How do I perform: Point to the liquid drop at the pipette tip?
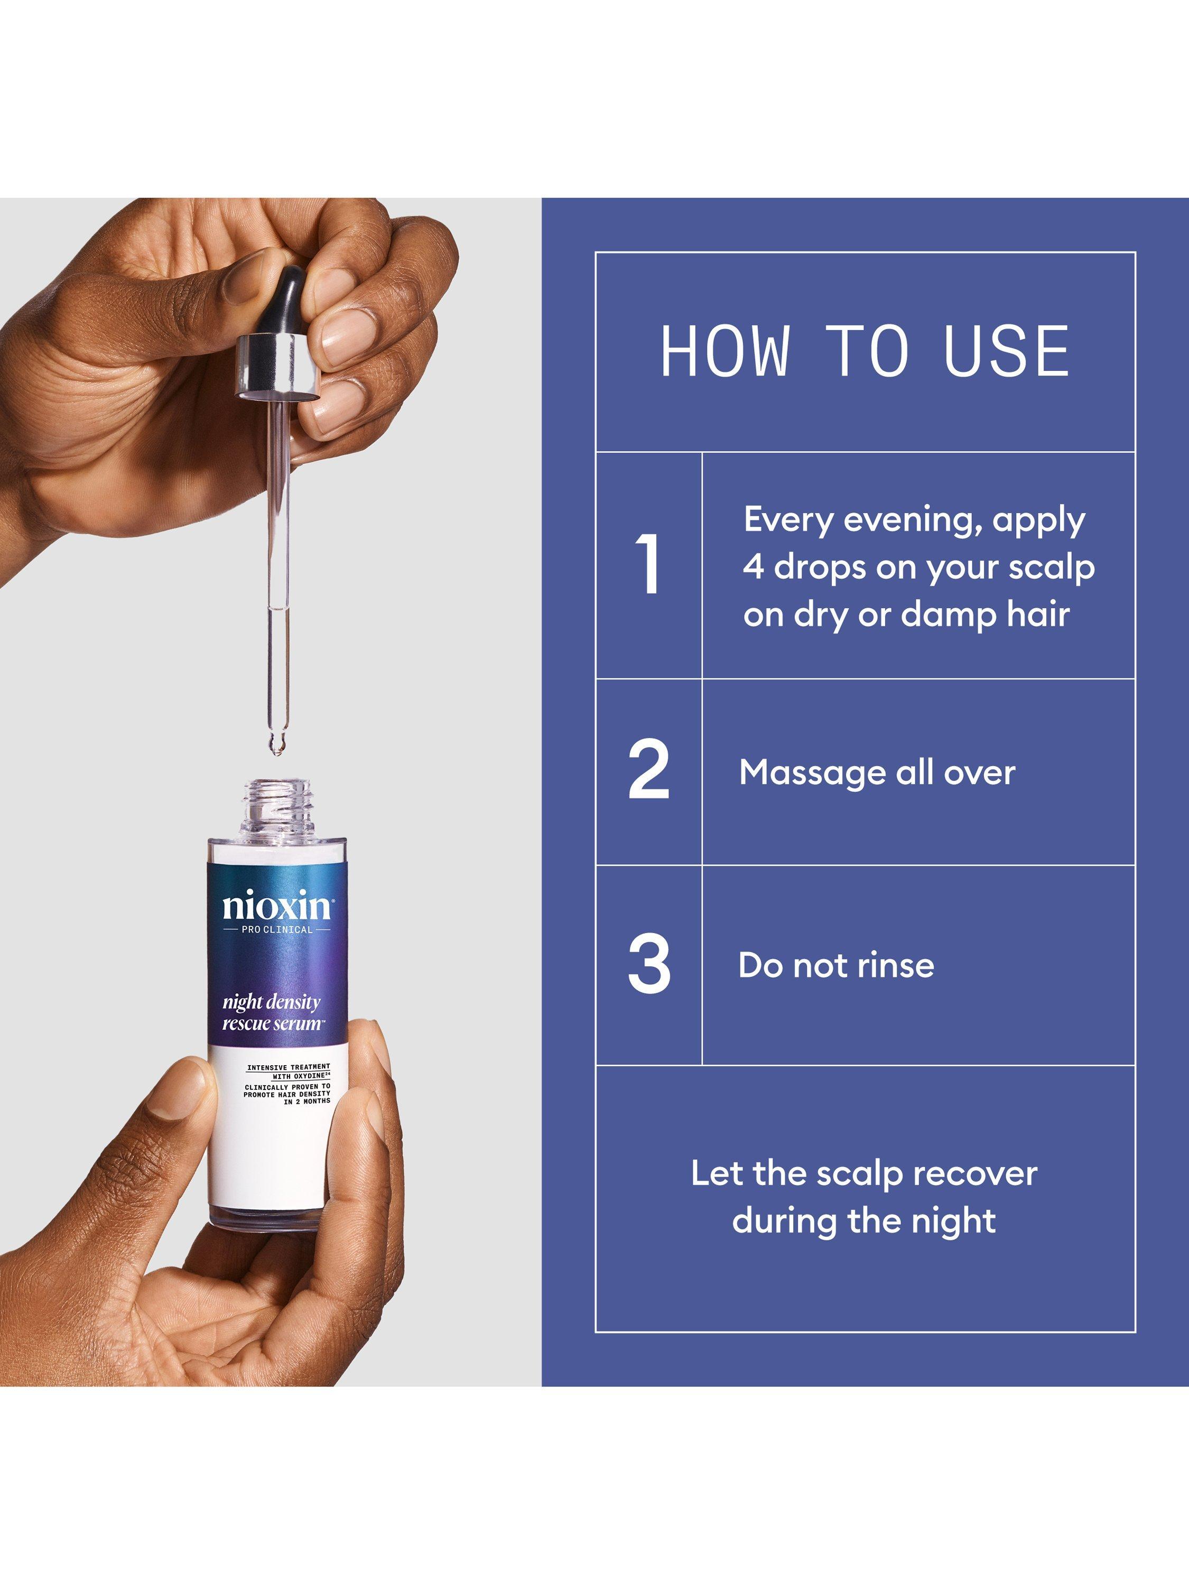point(275,744)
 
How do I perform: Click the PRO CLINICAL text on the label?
point(277,930)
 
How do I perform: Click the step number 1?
point(648,565)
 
